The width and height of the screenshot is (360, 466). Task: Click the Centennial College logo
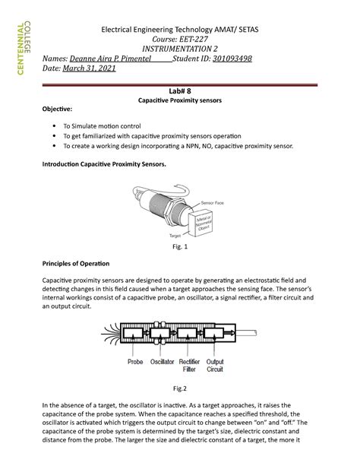(21, 52)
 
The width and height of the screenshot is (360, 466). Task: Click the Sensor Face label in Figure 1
(211, 204)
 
